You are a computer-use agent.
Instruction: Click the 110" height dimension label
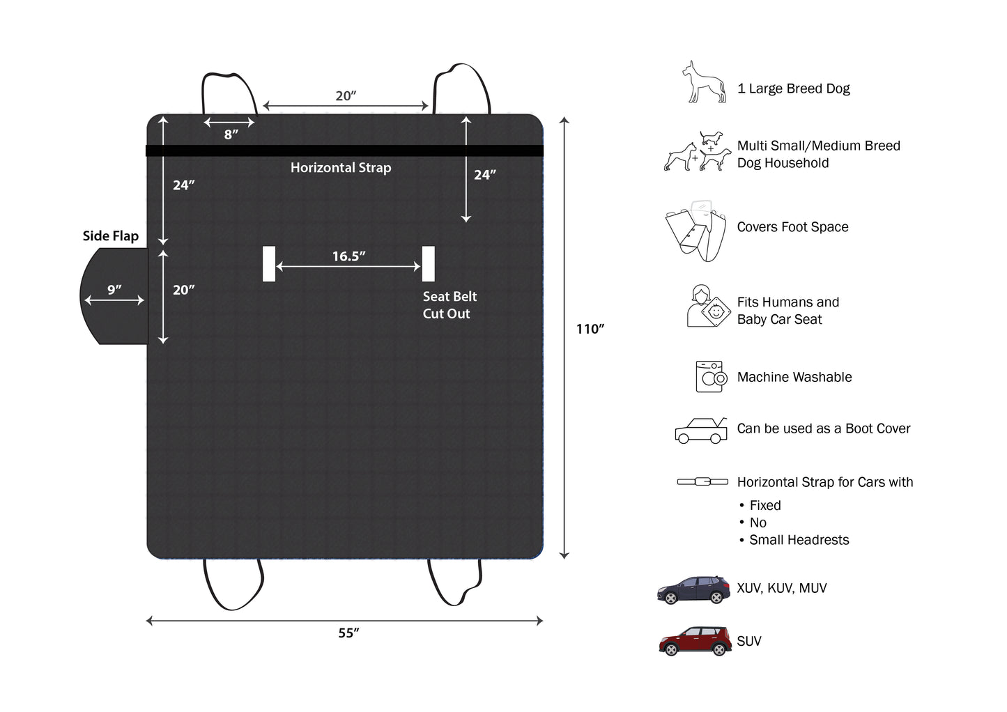[590, 329]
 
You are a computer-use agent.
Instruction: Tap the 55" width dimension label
[349, 633]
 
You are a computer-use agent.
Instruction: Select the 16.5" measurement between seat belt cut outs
[349, 256]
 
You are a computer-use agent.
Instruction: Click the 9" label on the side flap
[114, 290]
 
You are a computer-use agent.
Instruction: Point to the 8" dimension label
[231, 134]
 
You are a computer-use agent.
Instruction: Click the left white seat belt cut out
[269, 264]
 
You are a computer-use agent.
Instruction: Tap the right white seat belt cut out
[429, 264]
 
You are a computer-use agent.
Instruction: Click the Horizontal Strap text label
[341, 168]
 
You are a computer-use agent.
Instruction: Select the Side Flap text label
[111, 236]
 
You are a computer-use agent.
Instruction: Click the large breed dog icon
[704, 82]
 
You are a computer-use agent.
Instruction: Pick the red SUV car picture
[695, 641]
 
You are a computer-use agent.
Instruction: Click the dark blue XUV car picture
[693, 589]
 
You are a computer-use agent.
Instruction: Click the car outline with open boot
[701, 431]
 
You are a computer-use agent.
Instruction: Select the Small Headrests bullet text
[799, 540]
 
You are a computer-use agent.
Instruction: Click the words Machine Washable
[794, 377]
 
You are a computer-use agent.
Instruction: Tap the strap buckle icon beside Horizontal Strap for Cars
[702, 482]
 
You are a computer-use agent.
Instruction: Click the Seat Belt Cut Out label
[449, 304]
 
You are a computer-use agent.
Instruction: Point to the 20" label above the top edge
[346, 95]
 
